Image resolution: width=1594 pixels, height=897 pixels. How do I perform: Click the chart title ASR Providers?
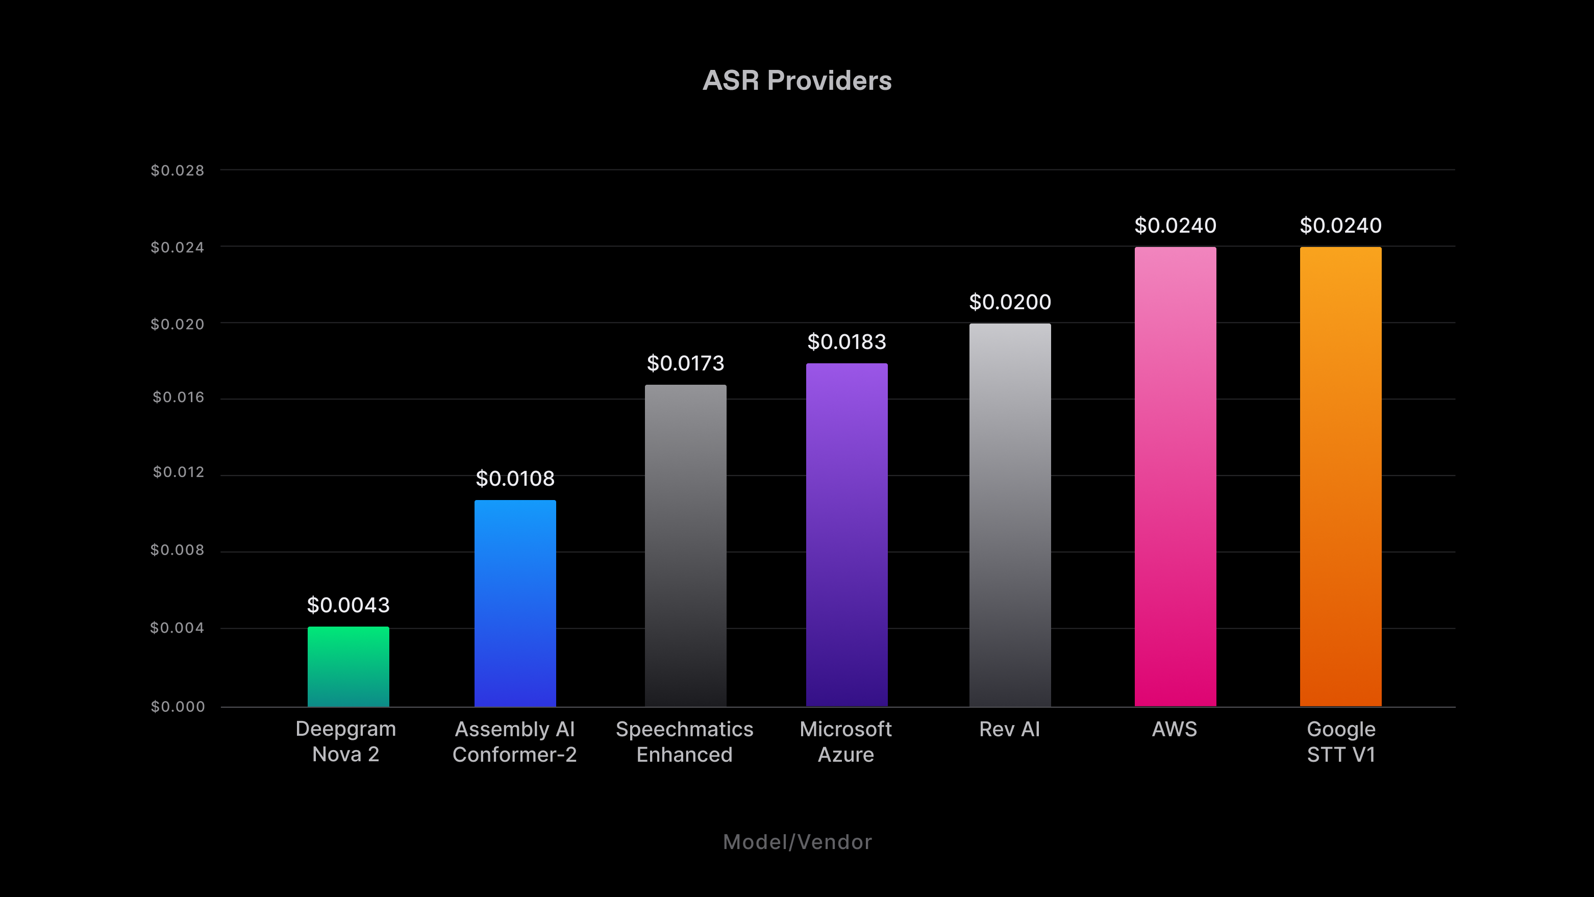[797, 81]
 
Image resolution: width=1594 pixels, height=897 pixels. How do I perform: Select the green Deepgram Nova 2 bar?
[348, 666]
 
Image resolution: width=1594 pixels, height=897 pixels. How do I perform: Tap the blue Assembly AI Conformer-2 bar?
[515, 603]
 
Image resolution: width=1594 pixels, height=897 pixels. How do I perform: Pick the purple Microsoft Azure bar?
[846, 535]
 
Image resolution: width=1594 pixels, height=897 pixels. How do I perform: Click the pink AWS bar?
[1175, 477]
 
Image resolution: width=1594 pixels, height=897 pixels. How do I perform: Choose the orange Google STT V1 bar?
[1340, 477]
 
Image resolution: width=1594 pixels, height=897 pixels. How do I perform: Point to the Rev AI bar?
[1010, 515]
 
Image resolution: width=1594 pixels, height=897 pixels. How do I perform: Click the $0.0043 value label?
[348, 605]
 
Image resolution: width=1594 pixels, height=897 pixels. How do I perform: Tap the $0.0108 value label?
[515, 478]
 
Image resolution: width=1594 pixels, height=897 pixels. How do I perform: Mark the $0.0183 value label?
[846, 341]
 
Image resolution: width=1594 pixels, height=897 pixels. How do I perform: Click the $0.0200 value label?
[1010, 302]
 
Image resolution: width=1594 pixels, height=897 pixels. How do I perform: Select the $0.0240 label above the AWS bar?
[1175, 225]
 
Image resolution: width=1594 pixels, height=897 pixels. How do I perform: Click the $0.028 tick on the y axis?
[178, 170]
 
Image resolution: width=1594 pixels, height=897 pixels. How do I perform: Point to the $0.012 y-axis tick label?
[178, 472]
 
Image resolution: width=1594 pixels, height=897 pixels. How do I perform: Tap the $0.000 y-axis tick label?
[178, 707]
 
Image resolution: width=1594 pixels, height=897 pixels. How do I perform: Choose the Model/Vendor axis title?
[797, 842]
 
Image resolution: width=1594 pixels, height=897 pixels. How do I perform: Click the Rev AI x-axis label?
[1009, 729]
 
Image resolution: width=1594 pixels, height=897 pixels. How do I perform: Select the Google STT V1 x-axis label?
[1341, 742]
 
